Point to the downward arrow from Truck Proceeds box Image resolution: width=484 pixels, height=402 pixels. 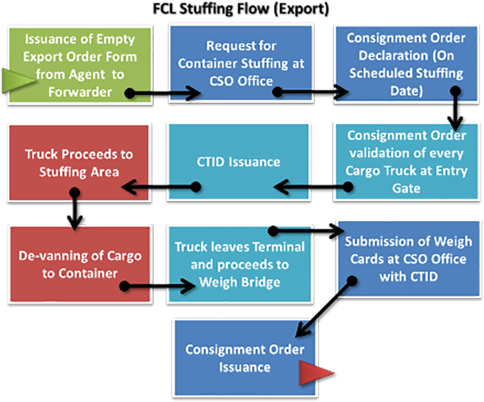74,210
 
